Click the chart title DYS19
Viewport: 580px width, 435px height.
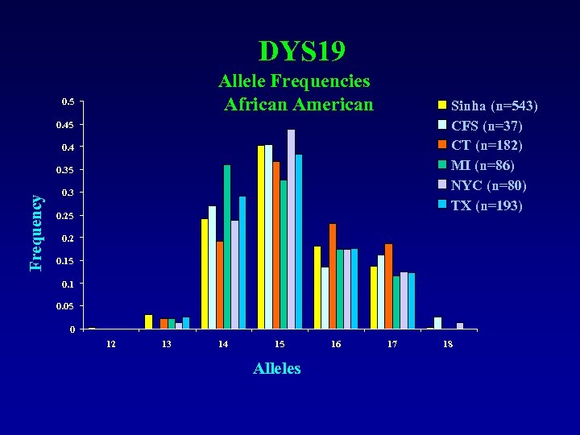302,52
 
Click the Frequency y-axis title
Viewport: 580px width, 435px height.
35,233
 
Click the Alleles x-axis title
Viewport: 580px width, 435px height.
276,368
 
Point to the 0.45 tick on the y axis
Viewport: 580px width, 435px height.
64,125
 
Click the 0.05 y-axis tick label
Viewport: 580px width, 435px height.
64,307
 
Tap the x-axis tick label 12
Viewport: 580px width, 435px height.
110,344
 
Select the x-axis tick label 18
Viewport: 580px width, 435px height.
448,344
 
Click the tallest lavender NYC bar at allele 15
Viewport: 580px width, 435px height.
291,230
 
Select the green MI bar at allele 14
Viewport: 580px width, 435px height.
227,246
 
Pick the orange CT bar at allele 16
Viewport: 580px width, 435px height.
333,276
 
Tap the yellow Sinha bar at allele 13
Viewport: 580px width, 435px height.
148,321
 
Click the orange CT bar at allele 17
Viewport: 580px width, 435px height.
388,286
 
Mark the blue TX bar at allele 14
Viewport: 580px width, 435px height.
242,263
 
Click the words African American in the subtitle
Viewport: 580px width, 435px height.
299,105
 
